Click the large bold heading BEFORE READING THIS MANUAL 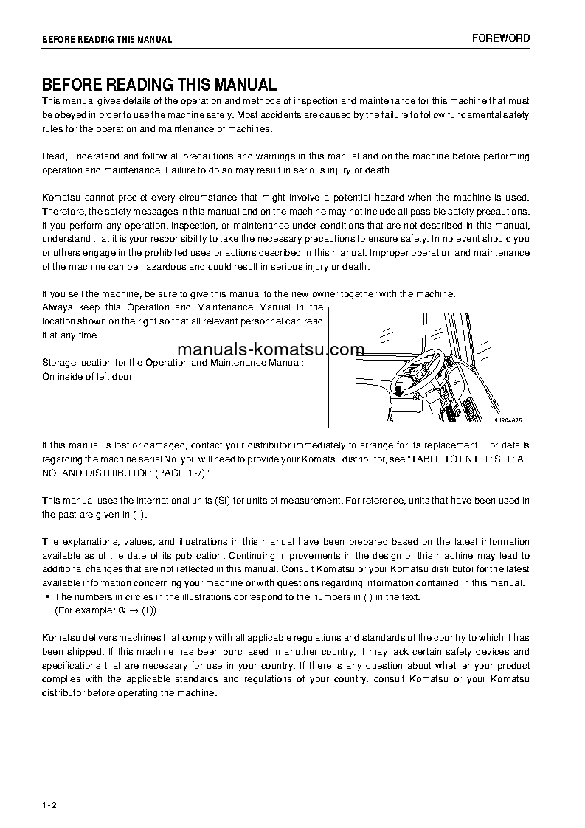[x=159, y=85]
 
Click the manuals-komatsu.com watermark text [x=271, y=349]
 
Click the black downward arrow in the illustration [x=398, y=390]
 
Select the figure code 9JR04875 [x=508, y=420]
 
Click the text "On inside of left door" [x=87, y=377]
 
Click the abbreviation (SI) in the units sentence [x=223, y=501]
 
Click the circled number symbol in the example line [x=121, y=610]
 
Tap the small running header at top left [x=107, y=40]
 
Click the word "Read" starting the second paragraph [x=53, y=156]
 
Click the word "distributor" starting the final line [x=65, y=693]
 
